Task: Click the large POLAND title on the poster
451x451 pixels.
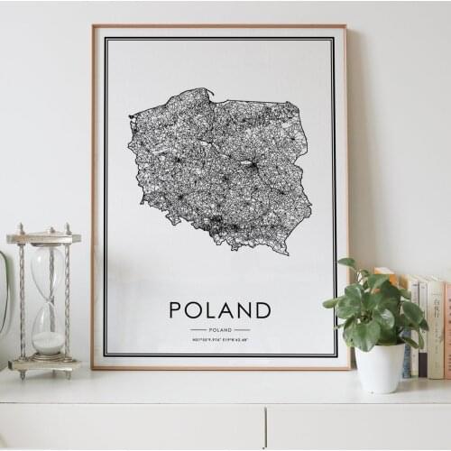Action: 219,310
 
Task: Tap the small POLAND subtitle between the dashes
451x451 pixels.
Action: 220,330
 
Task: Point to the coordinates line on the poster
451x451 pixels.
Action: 220,339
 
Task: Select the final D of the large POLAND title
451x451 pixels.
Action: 262,310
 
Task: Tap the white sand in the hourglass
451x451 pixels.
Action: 48,342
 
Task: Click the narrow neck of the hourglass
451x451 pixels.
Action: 47,302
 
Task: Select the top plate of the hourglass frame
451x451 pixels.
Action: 43,238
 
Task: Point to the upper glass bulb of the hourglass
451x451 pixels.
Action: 47,271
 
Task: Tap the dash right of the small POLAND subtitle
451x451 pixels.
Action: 242,330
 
